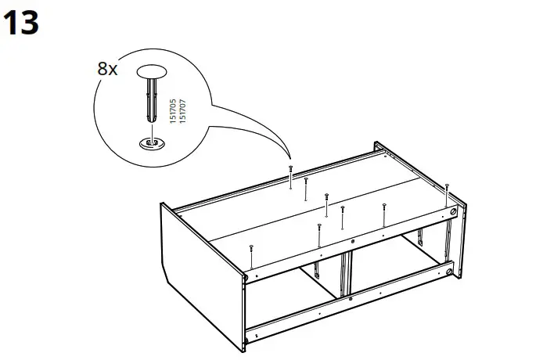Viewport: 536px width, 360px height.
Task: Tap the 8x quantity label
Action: (107, 69)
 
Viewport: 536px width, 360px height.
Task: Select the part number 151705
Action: (173, 110)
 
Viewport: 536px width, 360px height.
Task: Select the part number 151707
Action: (182, 110)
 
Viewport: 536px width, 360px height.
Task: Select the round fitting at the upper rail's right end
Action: (451, 212)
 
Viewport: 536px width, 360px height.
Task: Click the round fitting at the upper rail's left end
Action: (247, 276)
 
